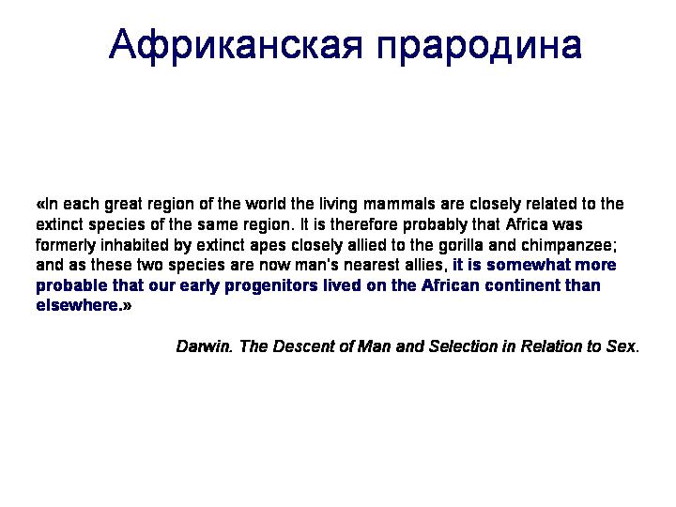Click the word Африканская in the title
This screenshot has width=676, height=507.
[x=236, y=45]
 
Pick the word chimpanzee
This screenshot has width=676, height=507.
[x=566, y=245]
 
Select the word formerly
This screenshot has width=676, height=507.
[x=66, y=245]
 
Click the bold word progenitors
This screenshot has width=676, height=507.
[x=271, y=285]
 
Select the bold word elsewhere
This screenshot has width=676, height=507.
[x=77, y=305]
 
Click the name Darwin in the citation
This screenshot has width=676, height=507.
[x=203, y=346]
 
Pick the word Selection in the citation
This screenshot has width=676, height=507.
[x=463, y=346]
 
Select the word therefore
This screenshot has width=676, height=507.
[x=364, y=224]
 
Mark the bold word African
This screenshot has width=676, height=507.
[x=450, y=285]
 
